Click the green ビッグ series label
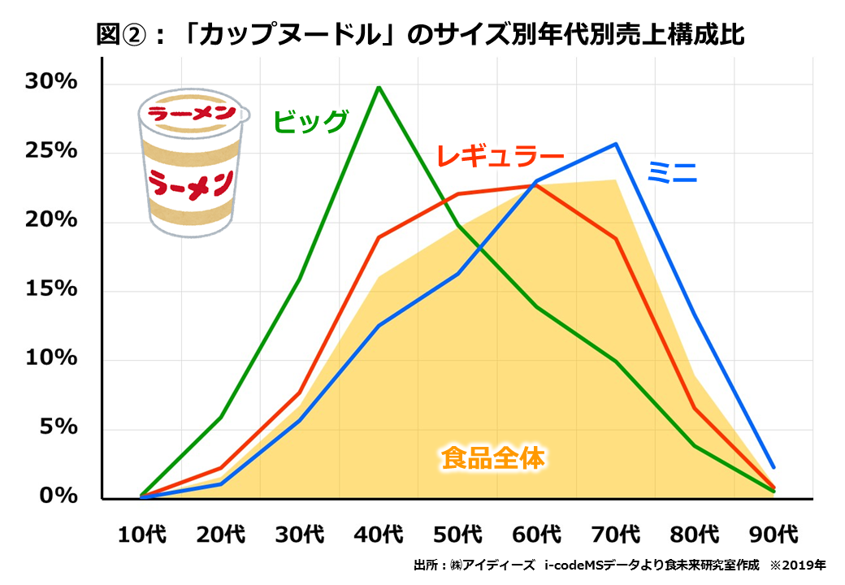tap(310, 121)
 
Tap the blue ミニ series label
tap(672, 171)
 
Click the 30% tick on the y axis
tap(50, 83)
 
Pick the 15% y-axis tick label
tap(50, 290)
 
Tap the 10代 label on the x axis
tap(142, 535)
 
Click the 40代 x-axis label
tap(379, 535)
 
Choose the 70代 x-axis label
tap(617, 535)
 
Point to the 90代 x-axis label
tap(774, 535)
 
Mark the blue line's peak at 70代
tap(616, 144)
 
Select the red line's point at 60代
tap(537, 185)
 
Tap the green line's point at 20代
tap(221, 418)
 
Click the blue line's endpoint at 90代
tap(773, 467)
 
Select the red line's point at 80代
tap(695, 408)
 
